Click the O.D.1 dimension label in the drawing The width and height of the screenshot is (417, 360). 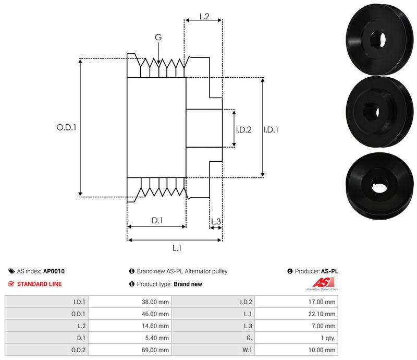66,127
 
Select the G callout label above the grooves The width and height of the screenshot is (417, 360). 158,37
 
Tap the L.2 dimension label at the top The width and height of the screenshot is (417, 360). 204,17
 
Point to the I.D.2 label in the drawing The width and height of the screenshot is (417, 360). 243,129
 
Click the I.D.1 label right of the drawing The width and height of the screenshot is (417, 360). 271,129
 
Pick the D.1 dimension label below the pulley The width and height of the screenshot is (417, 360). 157,221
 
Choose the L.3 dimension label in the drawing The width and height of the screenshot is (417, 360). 216,222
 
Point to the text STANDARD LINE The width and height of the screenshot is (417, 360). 39,284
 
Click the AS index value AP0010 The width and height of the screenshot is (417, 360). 54,271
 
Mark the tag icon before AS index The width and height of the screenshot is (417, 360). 11,271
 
